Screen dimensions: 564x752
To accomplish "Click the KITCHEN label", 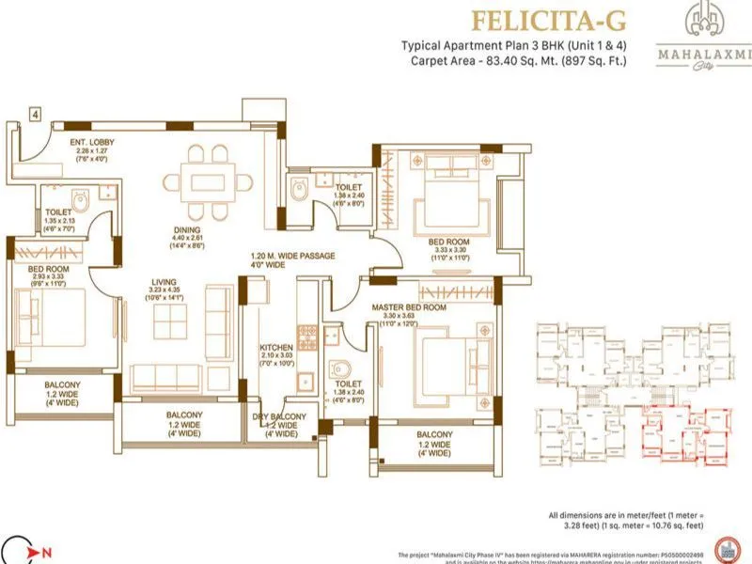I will point(277,347).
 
